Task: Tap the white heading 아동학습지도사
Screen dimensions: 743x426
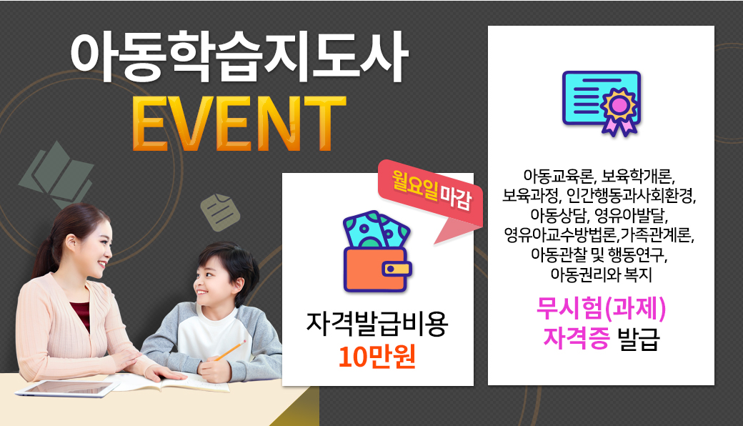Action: (239, 57)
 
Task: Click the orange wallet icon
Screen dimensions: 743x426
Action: (377, 269)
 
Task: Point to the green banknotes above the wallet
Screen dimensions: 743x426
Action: (375, 229)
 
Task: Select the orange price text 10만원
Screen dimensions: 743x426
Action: (377, 357)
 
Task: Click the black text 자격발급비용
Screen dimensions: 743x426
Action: (377, 324)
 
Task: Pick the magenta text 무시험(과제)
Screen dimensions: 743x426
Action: (602, 309)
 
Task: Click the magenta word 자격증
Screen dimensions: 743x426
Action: (576, 338)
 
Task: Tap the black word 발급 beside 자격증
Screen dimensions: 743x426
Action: (639, 338)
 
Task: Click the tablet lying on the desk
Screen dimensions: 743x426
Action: (67, 388)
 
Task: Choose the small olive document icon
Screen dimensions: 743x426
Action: (220, 212)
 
